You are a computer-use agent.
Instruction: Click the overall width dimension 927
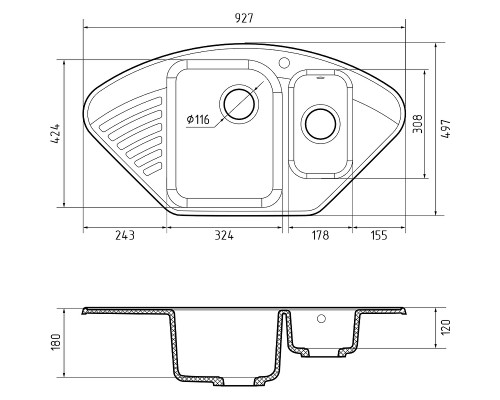click(244, 18)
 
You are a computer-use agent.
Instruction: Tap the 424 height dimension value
click(55, 134)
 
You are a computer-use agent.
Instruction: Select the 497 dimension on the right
click(445, 128)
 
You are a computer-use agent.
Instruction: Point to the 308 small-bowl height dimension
click(417, 124)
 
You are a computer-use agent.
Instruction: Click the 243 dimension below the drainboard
click(125, 235)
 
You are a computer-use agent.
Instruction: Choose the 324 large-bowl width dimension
click(224, 235)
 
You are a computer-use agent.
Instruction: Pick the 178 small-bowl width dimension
click(320, 235)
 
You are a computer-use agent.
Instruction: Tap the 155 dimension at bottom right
click(379, 235)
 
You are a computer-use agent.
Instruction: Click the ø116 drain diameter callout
click(198, 119)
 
